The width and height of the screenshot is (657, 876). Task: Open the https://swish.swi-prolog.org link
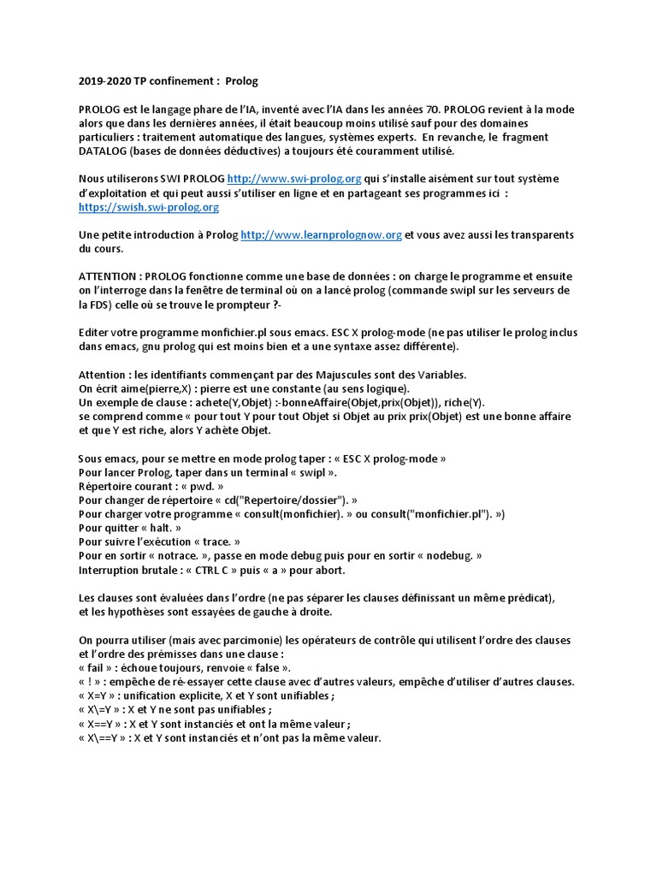coord(149,207)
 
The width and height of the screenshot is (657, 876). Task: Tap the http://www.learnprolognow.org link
coord(321,234)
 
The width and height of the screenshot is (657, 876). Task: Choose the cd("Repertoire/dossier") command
coord(284,500)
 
